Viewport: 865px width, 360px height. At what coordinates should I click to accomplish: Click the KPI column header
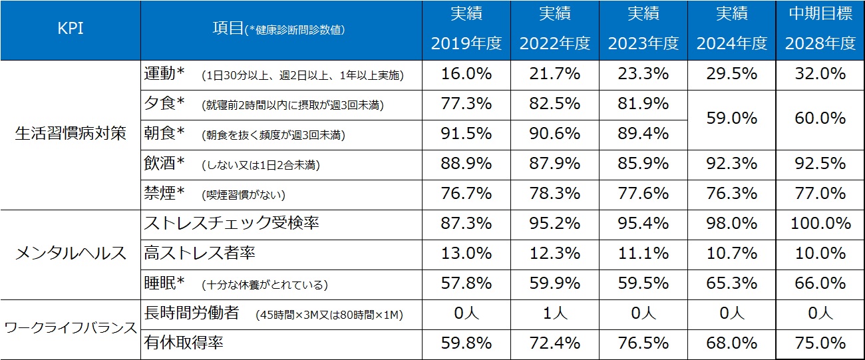70,31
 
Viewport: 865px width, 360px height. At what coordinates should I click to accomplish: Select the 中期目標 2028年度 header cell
820,31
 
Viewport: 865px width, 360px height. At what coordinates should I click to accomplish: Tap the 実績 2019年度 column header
466,31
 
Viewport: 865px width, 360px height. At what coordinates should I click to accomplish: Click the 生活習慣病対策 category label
70,133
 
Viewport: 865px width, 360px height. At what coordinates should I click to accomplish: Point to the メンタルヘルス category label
70,253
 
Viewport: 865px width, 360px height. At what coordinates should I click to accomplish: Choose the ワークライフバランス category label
70,328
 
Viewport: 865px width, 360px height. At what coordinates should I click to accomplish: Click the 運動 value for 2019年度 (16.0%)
466,75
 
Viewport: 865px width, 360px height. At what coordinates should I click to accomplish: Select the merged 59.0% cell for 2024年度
731,118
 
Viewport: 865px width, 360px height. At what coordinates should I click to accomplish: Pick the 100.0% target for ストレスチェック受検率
820,224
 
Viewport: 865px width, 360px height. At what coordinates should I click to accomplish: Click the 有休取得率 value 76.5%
643,343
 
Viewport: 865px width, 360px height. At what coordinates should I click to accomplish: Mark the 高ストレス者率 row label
200,254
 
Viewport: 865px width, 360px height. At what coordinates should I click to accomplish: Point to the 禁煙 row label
160,194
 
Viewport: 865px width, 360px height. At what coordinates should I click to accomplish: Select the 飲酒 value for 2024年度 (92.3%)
731,164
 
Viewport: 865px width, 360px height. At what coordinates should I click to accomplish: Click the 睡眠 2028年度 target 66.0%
820,283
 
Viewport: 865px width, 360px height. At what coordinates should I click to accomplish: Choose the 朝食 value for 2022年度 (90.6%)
554,134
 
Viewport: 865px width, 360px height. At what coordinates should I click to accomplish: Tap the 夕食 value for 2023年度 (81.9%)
643,104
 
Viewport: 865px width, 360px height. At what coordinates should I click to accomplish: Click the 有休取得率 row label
184,343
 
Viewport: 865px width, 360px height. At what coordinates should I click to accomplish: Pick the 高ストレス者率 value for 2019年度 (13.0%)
466,254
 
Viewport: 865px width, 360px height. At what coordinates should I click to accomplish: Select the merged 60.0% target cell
820,118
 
